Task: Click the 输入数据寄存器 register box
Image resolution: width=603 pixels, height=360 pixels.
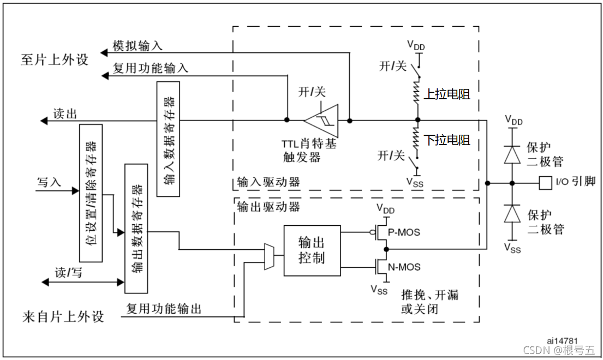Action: (168, 139)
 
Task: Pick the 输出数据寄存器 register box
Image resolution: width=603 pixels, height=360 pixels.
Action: (136, 228)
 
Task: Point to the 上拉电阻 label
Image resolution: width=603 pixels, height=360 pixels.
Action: (447, 94)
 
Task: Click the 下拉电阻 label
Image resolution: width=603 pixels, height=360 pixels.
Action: (447, 141)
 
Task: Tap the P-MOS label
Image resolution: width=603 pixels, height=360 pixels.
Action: (404, 232)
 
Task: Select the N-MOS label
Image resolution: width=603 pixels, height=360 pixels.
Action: (404, 267)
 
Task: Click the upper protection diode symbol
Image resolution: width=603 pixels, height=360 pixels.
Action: (512, 155)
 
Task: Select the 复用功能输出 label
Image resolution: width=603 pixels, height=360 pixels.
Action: (164, 309)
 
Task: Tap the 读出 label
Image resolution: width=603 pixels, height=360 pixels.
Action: (64, 113)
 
